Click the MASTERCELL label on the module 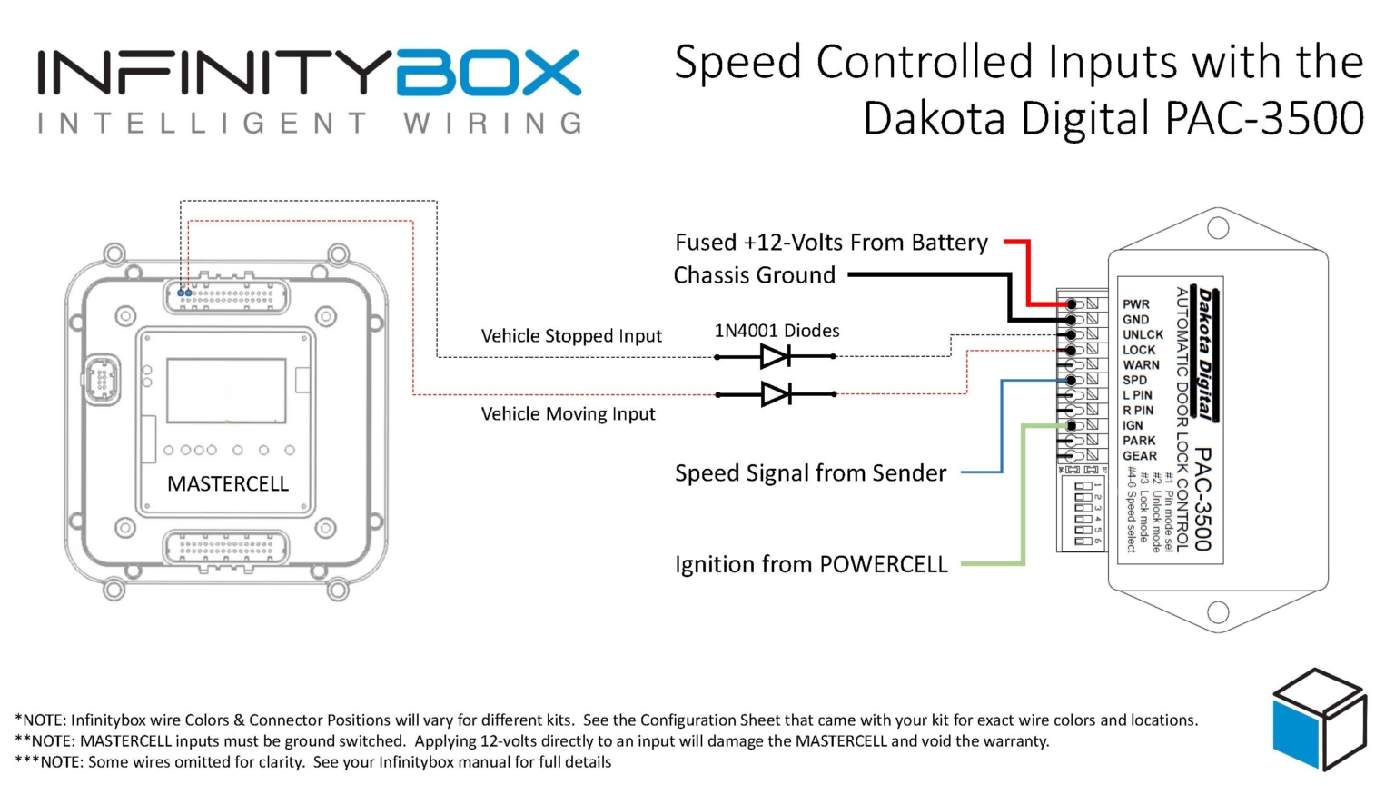[228, 483]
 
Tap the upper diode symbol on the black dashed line [775, 356]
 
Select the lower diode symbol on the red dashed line [775, 394]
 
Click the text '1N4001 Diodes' [777, 331]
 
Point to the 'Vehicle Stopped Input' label [571, 336]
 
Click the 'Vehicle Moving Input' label [568, 414]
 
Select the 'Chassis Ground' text [754, 275]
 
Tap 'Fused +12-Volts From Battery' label [831, 243]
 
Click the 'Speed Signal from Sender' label [810, 473]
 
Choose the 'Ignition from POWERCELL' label [811, 564]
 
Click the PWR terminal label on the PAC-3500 [1135, 304]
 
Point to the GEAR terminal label [1139, 456]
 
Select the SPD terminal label [1134, 380]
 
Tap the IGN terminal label [1133, 425]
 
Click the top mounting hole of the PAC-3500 [1218, 228]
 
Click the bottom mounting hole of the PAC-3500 [1218, 613]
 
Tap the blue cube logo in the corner [1319, 720]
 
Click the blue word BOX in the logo [489, 73]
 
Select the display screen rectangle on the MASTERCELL [226, 390]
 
